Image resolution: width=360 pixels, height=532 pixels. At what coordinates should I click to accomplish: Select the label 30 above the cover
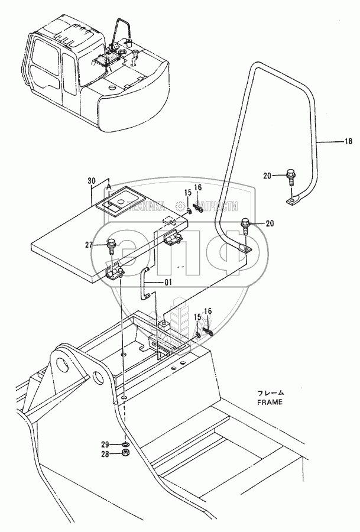coord(90,181)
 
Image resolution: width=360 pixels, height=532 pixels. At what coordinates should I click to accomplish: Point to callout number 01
coord(168,283)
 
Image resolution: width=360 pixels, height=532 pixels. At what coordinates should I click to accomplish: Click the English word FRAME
coord(270,401)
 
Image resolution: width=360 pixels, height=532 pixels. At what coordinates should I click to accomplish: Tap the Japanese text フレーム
coord(271,392)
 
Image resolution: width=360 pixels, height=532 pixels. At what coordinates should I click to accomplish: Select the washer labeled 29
coord(125,444)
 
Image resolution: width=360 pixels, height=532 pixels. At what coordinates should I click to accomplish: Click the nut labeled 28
coord(125,454)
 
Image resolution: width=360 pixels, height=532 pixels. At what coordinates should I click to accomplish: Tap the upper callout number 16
coord(198,188)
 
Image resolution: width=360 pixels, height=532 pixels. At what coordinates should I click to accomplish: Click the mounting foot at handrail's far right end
coord(291,202)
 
